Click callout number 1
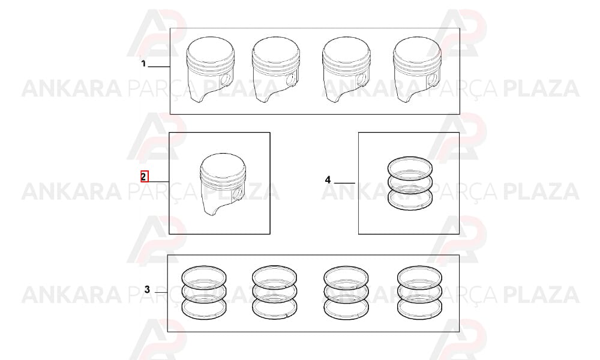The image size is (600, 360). (143, 64)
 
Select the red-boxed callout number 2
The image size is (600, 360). (143, 177)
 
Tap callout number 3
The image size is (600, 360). (148, 290)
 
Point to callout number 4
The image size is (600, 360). (328, 179)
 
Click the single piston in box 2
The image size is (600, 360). (223, 184)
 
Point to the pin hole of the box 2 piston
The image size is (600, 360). (238, 194)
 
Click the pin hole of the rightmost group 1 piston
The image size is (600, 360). (433, 79)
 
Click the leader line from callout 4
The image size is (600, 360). (344, 183)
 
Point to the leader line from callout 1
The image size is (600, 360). (159, 67)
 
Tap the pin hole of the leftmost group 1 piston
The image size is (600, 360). (226, 79)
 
